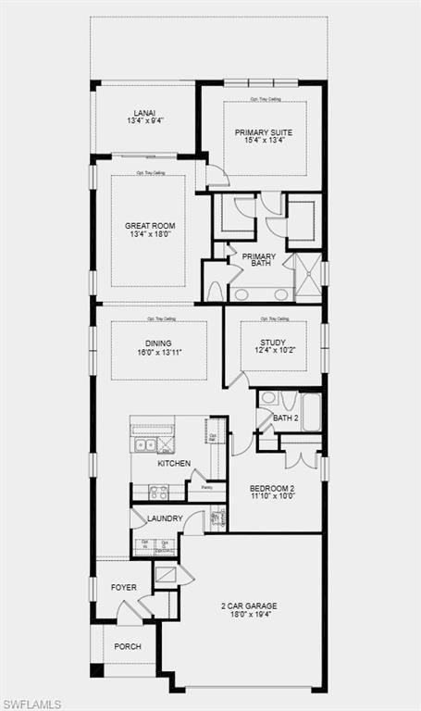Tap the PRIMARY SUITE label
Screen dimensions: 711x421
tap(263, 132)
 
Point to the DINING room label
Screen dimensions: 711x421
tap(158, 343)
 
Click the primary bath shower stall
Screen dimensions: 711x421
tap(307, 276)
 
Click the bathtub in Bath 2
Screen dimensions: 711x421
tap(311, 412)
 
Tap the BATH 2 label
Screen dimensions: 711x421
tap(285, 418)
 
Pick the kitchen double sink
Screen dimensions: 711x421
tap(146, 445)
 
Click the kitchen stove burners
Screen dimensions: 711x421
tap(158, 493)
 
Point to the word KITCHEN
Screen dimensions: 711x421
tap(174, 464)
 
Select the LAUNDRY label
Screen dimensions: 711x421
tap(165, 519)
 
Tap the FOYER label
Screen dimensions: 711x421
tap(124, 587)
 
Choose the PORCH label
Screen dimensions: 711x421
tap(128, 646)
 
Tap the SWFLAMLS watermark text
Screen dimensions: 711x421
tap(31, 704)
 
